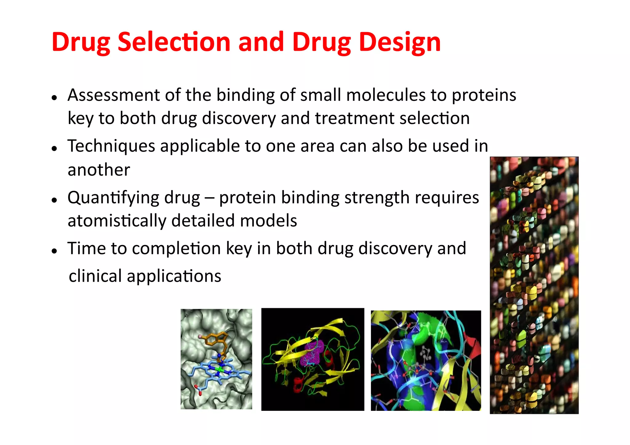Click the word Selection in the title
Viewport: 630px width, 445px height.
(174, 42)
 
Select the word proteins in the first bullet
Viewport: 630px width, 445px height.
(484, 95)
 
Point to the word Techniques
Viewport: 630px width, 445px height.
(111, 146)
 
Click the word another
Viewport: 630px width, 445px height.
(99, 170)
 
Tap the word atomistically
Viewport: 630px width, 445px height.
(117, 221)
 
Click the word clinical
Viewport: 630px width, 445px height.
(95, 276)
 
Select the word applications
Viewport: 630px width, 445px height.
(174, 276)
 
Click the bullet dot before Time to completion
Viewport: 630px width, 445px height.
(55, 251)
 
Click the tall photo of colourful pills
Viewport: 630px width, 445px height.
(534, 285)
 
